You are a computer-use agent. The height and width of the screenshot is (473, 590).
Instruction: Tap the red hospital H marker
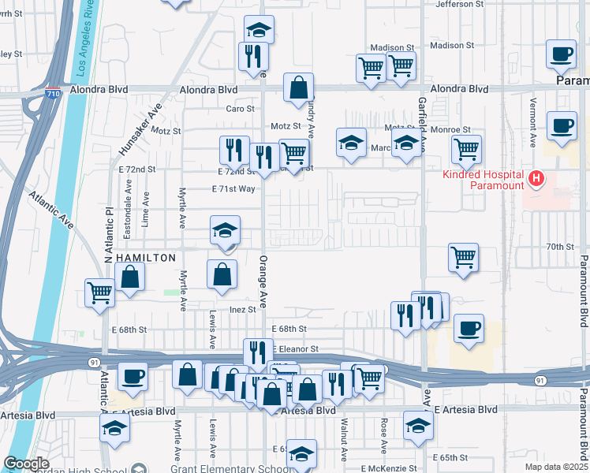[536, 179]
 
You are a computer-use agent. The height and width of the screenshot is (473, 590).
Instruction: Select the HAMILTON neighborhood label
[145, 258]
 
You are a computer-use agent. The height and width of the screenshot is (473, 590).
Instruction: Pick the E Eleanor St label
[296, 348]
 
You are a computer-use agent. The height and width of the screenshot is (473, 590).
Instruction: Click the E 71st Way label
[234, 188]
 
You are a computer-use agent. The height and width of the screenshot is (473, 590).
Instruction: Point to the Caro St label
[241, 109]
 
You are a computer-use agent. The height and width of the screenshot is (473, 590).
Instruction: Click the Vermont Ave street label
[533, 126]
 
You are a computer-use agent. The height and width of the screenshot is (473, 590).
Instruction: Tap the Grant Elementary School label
[234, 469]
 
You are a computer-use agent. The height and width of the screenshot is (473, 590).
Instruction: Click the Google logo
[26, 464]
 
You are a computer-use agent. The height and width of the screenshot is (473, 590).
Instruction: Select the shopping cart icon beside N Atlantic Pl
[100, 293]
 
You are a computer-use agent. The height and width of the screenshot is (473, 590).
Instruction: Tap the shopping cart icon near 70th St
[463, 256]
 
